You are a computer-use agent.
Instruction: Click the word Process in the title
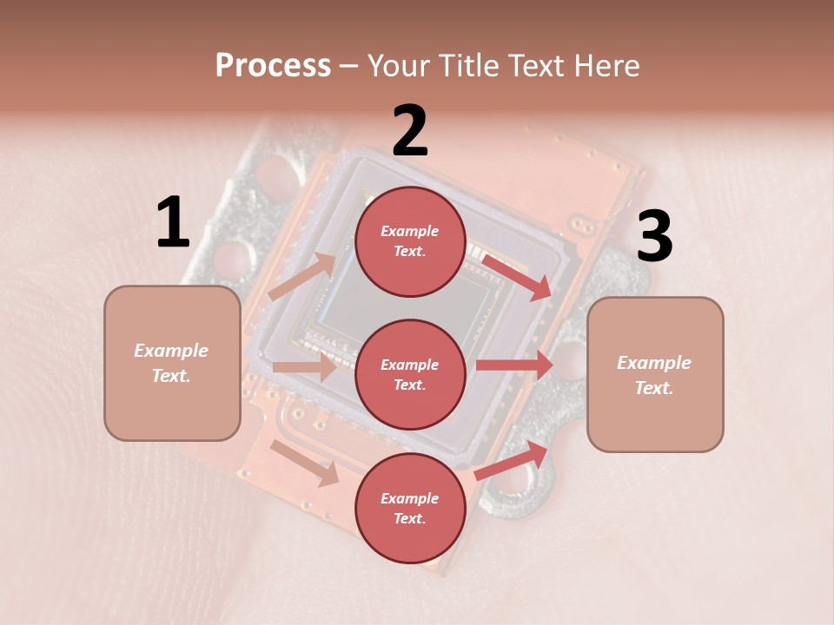(273, 65)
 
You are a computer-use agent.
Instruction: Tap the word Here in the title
(605, 65)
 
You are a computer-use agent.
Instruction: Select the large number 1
(173, 223)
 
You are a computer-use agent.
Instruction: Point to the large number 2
(410, 131)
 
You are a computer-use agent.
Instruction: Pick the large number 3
(654, 238)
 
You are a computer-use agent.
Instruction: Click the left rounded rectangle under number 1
(172, 363)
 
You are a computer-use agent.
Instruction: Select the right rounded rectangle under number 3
(655, 375)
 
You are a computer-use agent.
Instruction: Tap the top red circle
(410, 241)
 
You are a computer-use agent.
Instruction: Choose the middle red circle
(410, 375)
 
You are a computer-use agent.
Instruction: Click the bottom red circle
(410, 509)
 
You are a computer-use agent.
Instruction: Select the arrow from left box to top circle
(302, 277)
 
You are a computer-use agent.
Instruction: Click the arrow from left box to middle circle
(304, 367)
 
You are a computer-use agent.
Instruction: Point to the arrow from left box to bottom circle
(305, 463)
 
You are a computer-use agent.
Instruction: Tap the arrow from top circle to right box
(516, 277)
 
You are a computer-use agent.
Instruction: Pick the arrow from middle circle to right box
(514, 365)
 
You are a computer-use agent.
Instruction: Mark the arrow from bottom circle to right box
(511, 460)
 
